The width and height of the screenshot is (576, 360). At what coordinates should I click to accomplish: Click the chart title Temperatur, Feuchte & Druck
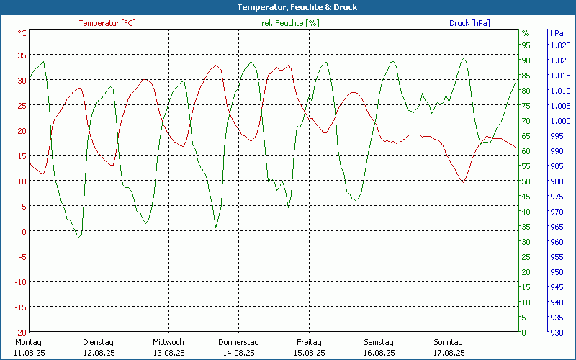pos(287,7)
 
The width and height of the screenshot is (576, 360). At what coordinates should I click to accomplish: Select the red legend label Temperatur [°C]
pos(107,23)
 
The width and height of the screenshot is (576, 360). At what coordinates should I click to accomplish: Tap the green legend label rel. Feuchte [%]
pos(290,23)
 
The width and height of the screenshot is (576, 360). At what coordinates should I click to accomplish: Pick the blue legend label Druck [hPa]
pos(469,23)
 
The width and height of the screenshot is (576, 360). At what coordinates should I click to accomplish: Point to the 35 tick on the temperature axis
pos(22,55)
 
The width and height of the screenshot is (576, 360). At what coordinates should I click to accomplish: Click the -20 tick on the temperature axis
pos(19,332)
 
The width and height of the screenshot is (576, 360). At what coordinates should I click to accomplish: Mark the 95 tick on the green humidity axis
pos(526,45)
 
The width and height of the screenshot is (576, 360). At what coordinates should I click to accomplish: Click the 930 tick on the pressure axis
pos(557,332)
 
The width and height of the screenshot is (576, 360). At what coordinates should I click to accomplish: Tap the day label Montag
pos(28,342)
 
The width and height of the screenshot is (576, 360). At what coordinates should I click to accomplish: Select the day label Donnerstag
pos(239,342)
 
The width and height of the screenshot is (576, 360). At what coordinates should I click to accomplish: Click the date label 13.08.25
pos(168,353)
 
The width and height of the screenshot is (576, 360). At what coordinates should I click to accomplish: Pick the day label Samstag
pos(379,342)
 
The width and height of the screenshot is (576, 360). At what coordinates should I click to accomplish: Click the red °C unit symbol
pos(22,34)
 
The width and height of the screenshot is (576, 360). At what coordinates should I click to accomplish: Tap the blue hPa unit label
pos(557,34)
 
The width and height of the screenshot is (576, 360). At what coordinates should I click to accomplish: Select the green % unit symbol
pos(526,34)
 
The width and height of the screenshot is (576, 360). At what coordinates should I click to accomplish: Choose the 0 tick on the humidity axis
pos(525,332)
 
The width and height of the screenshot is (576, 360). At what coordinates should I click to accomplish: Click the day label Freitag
pos(309,342)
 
